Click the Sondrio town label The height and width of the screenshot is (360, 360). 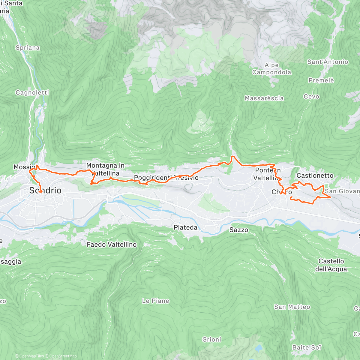click(45, 190)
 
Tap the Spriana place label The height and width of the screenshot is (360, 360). click(28, 48)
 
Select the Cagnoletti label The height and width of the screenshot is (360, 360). click(32, 92)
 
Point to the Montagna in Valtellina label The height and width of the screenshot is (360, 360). click(105, 169)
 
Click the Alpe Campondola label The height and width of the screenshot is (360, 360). click(271, 69)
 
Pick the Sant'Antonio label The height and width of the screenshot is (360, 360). click(328, 62)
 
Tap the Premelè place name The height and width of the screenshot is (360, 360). click(321, 80)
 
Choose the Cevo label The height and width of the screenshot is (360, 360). click(311, 97)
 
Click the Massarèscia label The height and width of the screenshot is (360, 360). click(264, 98)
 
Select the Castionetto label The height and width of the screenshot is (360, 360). click(315, 175)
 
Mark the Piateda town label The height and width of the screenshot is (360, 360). click(185, 227)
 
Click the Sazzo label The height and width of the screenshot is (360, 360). click(239, 230)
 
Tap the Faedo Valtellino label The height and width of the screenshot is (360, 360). click(112, 244)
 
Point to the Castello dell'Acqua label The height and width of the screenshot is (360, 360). click(331, 265)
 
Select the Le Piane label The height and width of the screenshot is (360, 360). click(155, 301)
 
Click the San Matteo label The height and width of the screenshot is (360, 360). click(292, 307)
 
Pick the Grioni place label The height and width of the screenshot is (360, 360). click(211, 340)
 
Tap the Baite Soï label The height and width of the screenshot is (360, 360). click(307, 347)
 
